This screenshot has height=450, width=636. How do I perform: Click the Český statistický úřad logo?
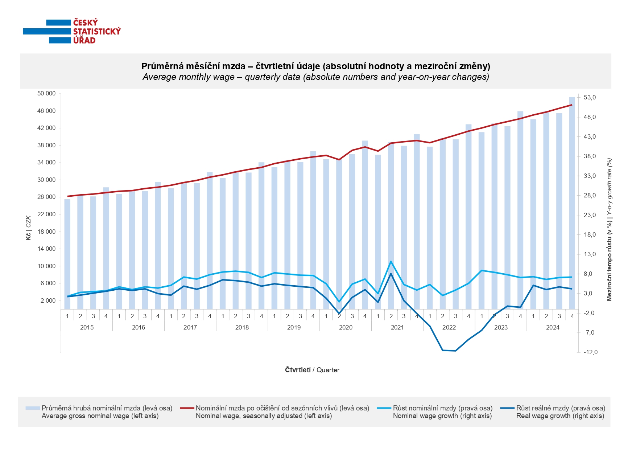coord(72,32)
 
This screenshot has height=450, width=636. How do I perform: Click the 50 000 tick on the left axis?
coord(46,94)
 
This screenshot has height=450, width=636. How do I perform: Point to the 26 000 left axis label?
coord(46,197)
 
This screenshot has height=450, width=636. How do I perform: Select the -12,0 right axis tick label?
coord(590,352)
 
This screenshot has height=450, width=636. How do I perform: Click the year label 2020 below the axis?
coord(346,328)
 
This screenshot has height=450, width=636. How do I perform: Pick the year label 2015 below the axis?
coord(87,328)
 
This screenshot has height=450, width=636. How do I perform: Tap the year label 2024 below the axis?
coord(553,328)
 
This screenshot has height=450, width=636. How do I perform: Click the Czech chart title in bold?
coord(315,66)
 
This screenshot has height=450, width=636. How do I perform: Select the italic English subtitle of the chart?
coord(315,77)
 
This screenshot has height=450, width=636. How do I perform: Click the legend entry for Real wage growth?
coord(560,412)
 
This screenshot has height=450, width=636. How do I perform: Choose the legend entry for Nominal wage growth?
coord(442,412)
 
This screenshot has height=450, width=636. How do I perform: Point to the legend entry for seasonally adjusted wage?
coord(282,412)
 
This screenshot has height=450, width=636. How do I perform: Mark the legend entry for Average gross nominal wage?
coord(107,412)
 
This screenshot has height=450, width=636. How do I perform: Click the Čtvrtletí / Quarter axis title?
coord(312,370)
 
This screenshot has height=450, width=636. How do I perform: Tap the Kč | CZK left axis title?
coord(29,228)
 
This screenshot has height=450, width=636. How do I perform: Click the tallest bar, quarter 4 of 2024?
coord(572,203)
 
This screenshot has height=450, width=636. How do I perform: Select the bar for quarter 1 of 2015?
coord(67,254)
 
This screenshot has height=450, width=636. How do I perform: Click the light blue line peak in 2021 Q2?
coord(391,261)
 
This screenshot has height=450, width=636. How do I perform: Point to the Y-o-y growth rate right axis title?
coord(609,229)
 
